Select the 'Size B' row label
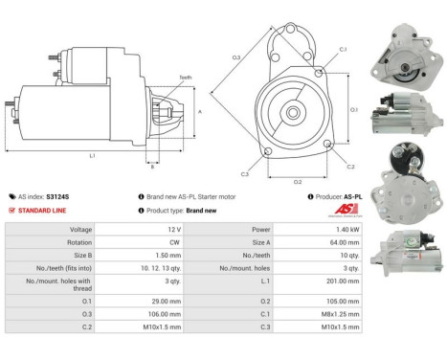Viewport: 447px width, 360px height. (x=80, y=258)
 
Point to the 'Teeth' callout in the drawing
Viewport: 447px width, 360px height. (x=185, y=78)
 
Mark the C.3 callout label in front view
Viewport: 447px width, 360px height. (x=245, y=173)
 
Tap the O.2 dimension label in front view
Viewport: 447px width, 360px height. (x=297, y=181)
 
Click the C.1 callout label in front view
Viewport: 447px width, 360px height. (x=343, y=49)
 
